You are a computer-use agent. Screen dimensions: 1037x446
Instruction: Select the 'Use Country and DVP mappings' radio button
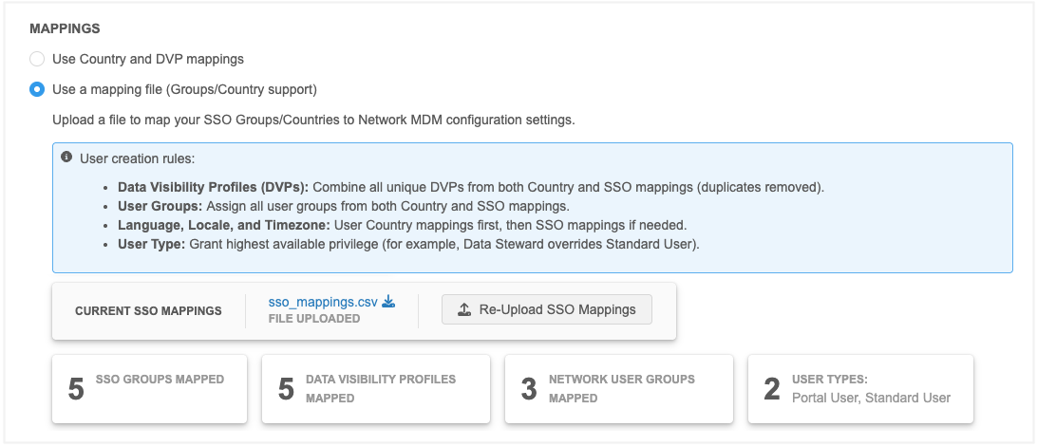37,60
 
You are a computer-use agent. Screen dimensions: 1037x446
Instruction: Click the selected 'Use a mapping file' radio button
37,89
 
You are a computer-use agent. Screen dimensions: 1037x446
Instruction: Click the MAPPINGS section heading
65,29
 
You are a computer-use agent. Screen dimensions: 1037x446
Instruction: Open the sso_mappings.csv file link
323,302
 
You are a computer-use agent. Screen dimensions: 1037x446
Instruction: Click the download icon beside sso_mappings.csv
389,302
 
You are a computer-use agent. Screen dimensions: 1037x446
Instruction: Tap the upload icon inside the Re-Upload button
464,309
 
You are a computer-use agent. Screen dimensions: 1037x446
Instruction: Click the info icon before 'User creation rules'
66,158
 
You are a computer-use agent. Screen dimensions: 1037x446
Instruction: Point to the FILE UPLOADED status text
314,319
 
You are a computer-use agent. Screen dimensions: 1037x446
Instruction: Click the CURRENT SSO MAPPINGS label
148,311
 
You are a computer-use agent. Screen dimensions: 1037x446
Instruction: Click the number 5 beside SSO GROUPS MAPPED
76,389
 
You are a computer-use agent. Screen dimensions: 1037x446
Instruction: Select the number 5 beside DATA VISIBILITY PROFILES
286,389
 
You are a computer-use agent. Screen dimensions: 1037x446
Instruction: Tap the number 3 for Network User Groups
529,389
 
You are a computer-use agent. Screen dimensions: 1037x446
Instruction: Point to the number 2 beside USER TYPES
772,389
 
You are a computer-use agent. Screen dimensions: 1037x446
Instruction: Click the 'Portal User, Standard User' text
871,398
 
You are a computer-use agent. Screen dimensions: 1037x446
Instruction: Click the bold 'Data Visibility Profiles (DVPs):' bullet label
213,187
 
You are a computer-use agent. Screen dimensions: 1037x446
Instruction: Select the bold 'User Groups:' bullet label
160,206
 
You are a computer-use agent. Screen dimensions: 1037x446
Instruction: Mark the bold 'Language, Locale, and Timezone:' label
224,225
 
